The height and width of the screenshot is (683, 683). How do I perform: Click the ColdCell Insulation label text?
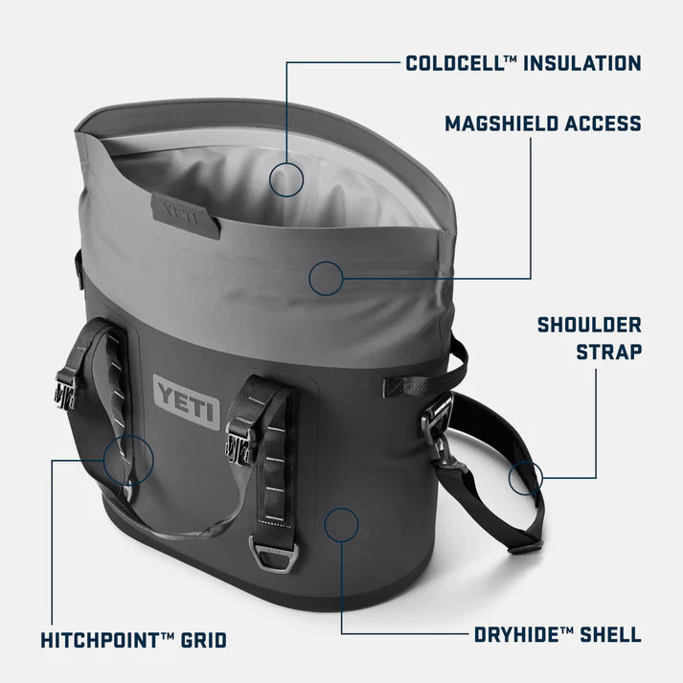click(523, 64)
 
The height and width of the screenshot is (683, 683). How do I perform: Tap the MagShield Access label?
click(542, 123)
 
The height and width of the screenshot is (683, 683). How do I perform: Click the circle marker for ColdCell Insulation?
click(286, 179)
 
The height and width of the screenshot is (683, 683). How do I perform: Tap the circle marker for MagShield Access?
click(326, 278)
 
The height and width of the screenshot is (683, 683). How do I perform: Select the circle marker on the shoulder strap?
click(526, 476)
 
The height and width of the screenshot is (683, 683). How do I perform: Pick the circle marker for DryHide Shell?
click(341, 524)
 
